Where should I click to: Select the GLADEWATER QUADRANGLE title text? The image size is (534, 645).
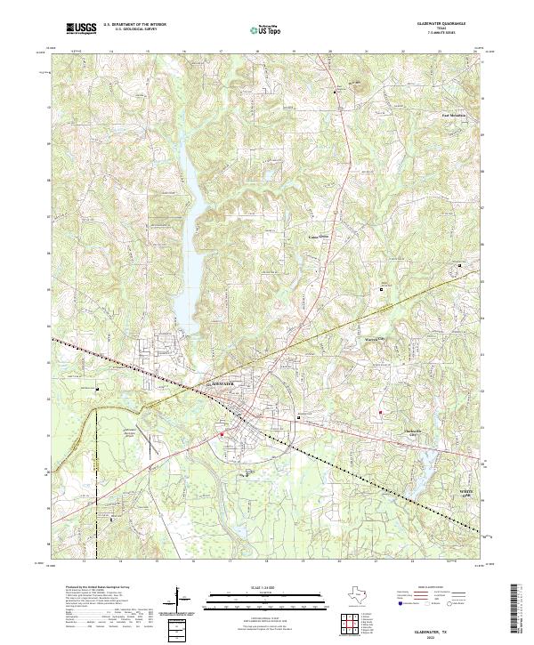[439, 24]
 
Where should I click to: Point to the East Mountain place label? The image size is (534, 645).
[453, 115]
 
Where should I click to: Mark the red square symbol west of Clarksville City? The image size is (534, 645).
[380, 412]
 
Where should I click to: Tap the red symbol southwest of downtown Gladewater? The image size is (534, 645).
[222, 434]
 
